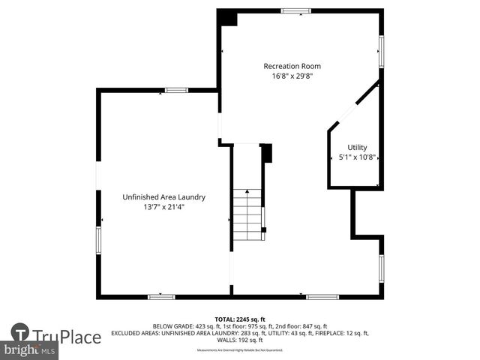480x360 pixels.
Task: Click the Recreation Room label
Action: pyautogui.click(x=297, y=66)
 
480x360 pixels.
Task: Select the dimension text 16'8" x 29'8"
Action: pyautogui.click(x=297, y=76)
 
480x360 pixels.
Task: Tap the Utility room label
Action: pyautogui.click(x=357, y=147)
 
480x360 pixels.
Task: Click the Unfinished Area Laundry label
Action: pyautogui.click(x=163, y=197)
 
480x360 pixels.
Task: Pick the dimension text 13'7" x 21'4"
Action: pyautogui.click(x=163, y=207)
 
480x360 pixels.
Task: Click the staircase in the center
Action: pyautogui.click(x=247, y=214)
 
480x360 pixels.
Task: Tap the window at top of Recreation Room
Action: pyautogui.click(x=295, y=11)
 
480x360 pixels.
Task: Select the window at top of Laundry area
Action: pyautogui.click(x=176, y=90)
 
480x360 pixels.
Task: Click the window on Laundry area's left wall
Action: pyautogui.click(x=98, y=240)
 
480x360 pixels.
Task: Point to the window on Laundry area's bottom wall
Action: pyautogui.click(x=161, y=296)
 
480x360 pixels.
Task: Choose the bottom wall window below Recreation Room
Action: pyautogui.click(x=322, y=296)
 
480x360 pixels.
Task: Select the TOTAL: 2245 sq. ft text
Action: pyautogui.click(x=240, y=319)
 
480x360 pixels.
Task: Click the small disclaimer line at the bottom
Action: pyautogui.click(x=240, y=350)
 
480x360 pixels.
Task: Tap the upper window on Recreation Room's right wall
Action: pyautogui.click(x=381, y=50)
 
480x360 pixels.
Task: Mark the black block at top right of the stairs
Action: pyautogui.click(x=266, y=152)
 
